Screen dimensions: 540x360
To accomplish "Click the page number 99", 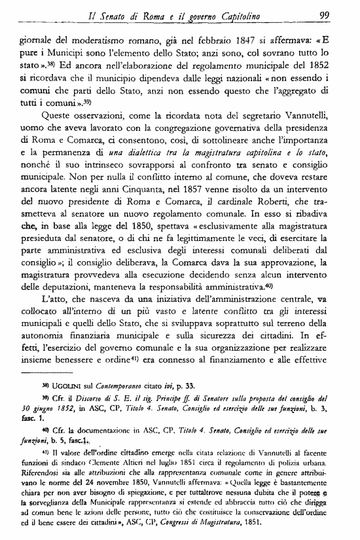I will [323, 14].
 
